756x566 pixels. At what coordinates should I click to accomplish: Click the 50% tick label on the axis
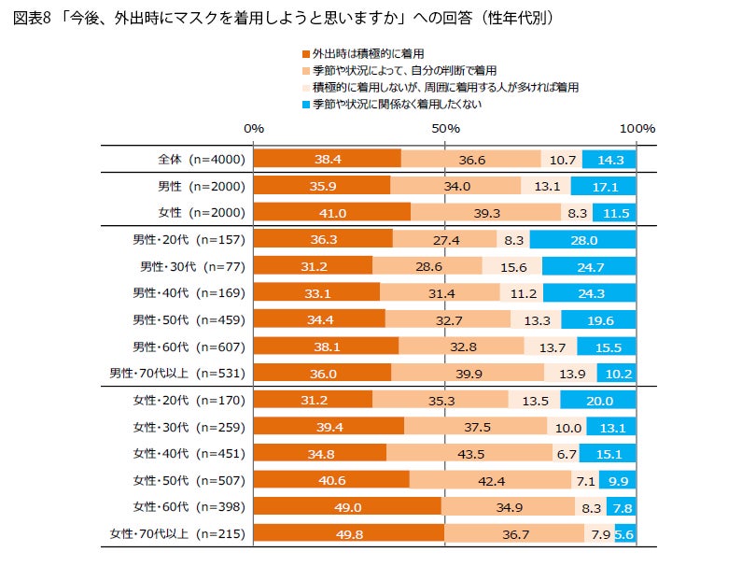click(445, 128)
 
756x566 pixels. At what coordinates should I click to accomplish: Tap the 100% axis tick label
click(637, 128)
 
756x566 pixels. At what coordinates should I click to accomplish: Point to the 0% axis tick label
click(254, 128)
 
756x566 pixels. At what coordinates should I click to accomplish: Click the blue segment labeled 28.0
click(582, 239)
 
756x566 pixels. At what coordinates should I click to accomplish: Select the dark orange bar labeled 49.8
click(349, 533)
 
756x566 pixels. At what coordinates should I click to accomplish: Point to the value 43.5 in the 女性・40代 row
click(483, 453)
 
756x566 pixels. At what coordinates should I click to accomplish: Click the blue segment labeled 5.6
click(625, 533)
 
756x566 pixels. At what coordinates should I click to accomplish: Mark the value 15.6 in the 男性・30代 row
click(511, 266)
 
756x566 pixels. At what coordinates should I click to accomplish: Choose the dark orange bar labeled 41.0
click(332, 213)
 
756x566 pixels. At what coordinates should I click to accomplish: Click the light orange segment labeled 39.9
click(468, 374)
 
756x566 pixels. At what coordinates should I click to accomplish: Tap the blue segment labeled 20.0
click(597, 400)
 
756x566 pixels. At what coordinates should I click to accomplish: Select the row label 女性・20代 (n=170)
click(188, 400)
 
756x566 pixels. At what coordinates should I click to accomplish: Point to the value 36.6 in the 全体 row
click(470, 159)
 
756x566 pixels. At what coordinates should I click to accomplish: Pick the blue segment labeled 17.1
click(603, 186)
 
